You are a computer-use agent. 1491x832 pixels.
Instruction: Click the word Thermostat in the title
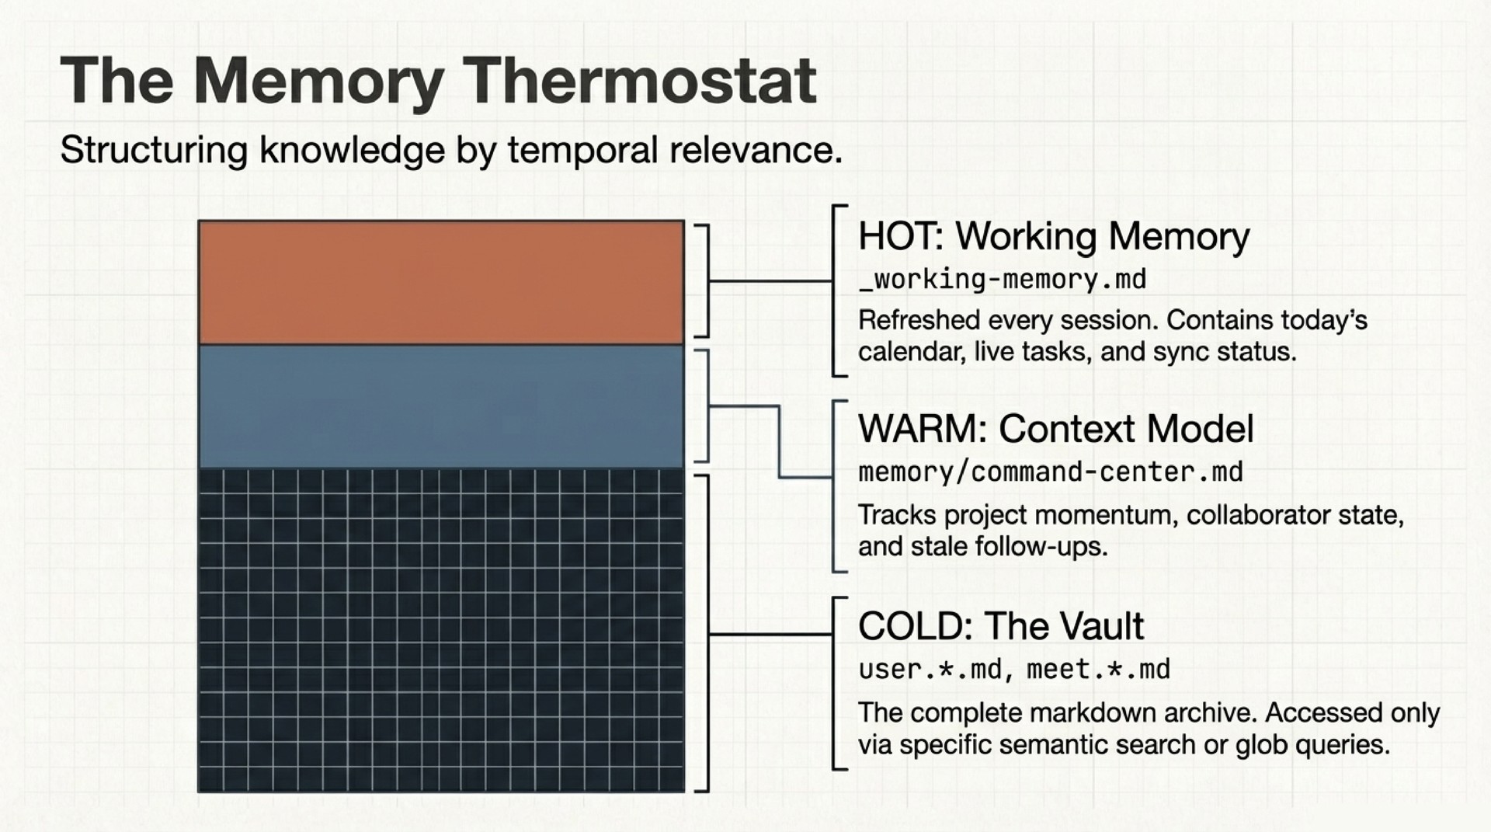[x=641, y=81]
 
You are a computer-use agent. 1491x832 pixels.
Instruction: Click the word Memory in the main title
[x=318, y=81]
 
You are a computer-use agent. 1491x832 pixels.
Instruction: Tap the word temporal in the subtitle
[x=582, y=150]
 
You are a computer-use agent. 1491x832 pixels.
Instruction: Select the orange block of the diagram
[x=441, y=283]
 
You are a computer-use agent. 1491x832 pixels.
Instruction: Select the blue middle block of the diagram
[x=441, y=406]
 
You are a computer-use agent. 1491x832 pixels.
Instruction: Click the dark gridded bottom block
[x=441, y=629]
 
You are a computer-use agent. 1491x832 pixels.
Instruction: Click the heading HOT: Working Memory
[x=1054, y=236]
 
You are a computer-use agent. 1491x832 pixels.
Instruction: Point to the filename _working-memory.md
[x=1002, y=280]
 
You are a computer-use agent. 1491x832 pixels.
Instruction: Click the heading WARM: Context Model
[x=1055, y=429]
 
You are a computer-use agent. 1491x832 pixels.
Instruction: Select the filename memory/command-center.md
[x=1050, y=472]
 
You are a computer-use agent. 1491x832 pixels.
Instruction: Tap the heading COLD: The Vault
[x=1000, y=626]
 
